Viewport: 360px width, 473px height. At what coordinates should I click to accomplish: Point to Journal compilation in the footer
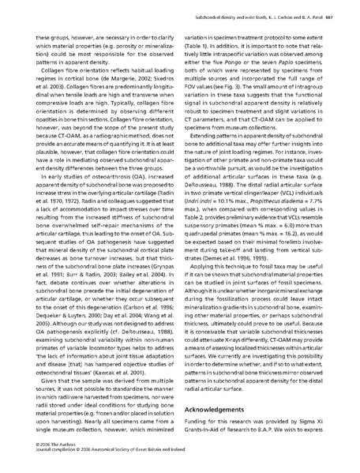tap(37, 468)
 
